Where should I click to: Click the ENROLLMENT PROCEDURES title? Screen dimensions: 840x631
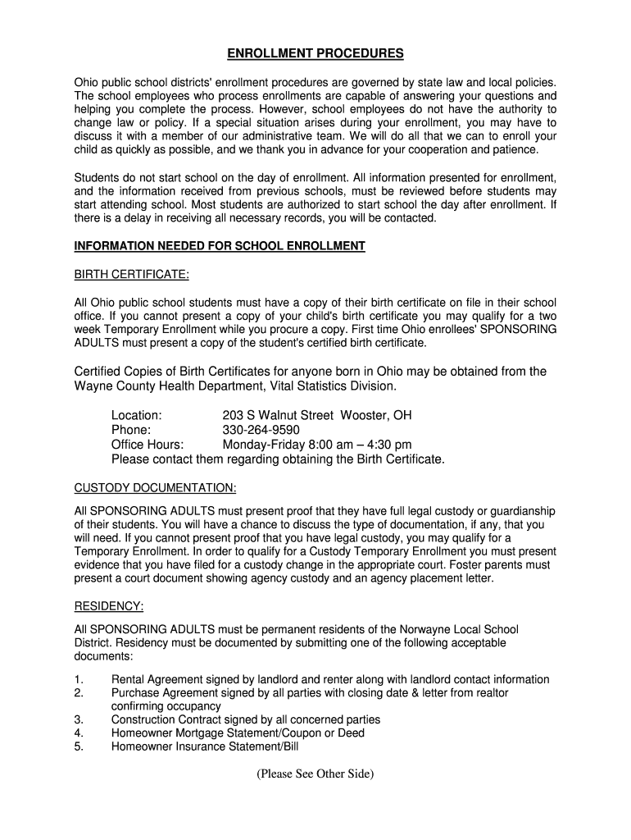(315, 54)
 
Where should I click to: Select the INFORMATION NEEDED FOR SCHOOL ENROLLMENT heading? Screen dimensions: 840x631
(220, 246)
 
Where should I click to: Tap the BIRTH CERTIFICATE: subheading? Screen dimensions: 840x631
(132, 274)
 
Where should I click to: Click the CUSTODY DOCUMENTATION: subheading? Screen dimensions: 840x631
(156, 488)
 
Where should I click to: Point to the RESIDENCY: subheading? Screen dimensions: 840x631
(109, 606)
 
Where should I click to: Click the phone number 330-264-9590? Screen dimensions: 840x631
(261, 430)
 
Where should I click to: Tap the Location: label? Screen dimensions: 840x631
(136, 415)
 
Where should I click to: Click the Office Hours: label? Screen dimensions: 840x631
(148, 445)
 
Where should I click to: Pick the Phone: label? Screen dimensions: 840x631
(131, 430)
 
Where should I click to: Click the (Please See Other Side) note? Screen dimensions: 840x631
(315, 774)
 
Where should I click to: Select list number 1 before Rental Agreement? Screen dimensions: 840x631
(78, 680)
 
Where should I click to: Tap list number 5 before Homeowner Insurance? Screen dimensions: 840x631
(78, 746)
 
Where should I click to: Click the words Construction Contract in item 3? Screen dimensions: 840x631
(163, 720)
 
